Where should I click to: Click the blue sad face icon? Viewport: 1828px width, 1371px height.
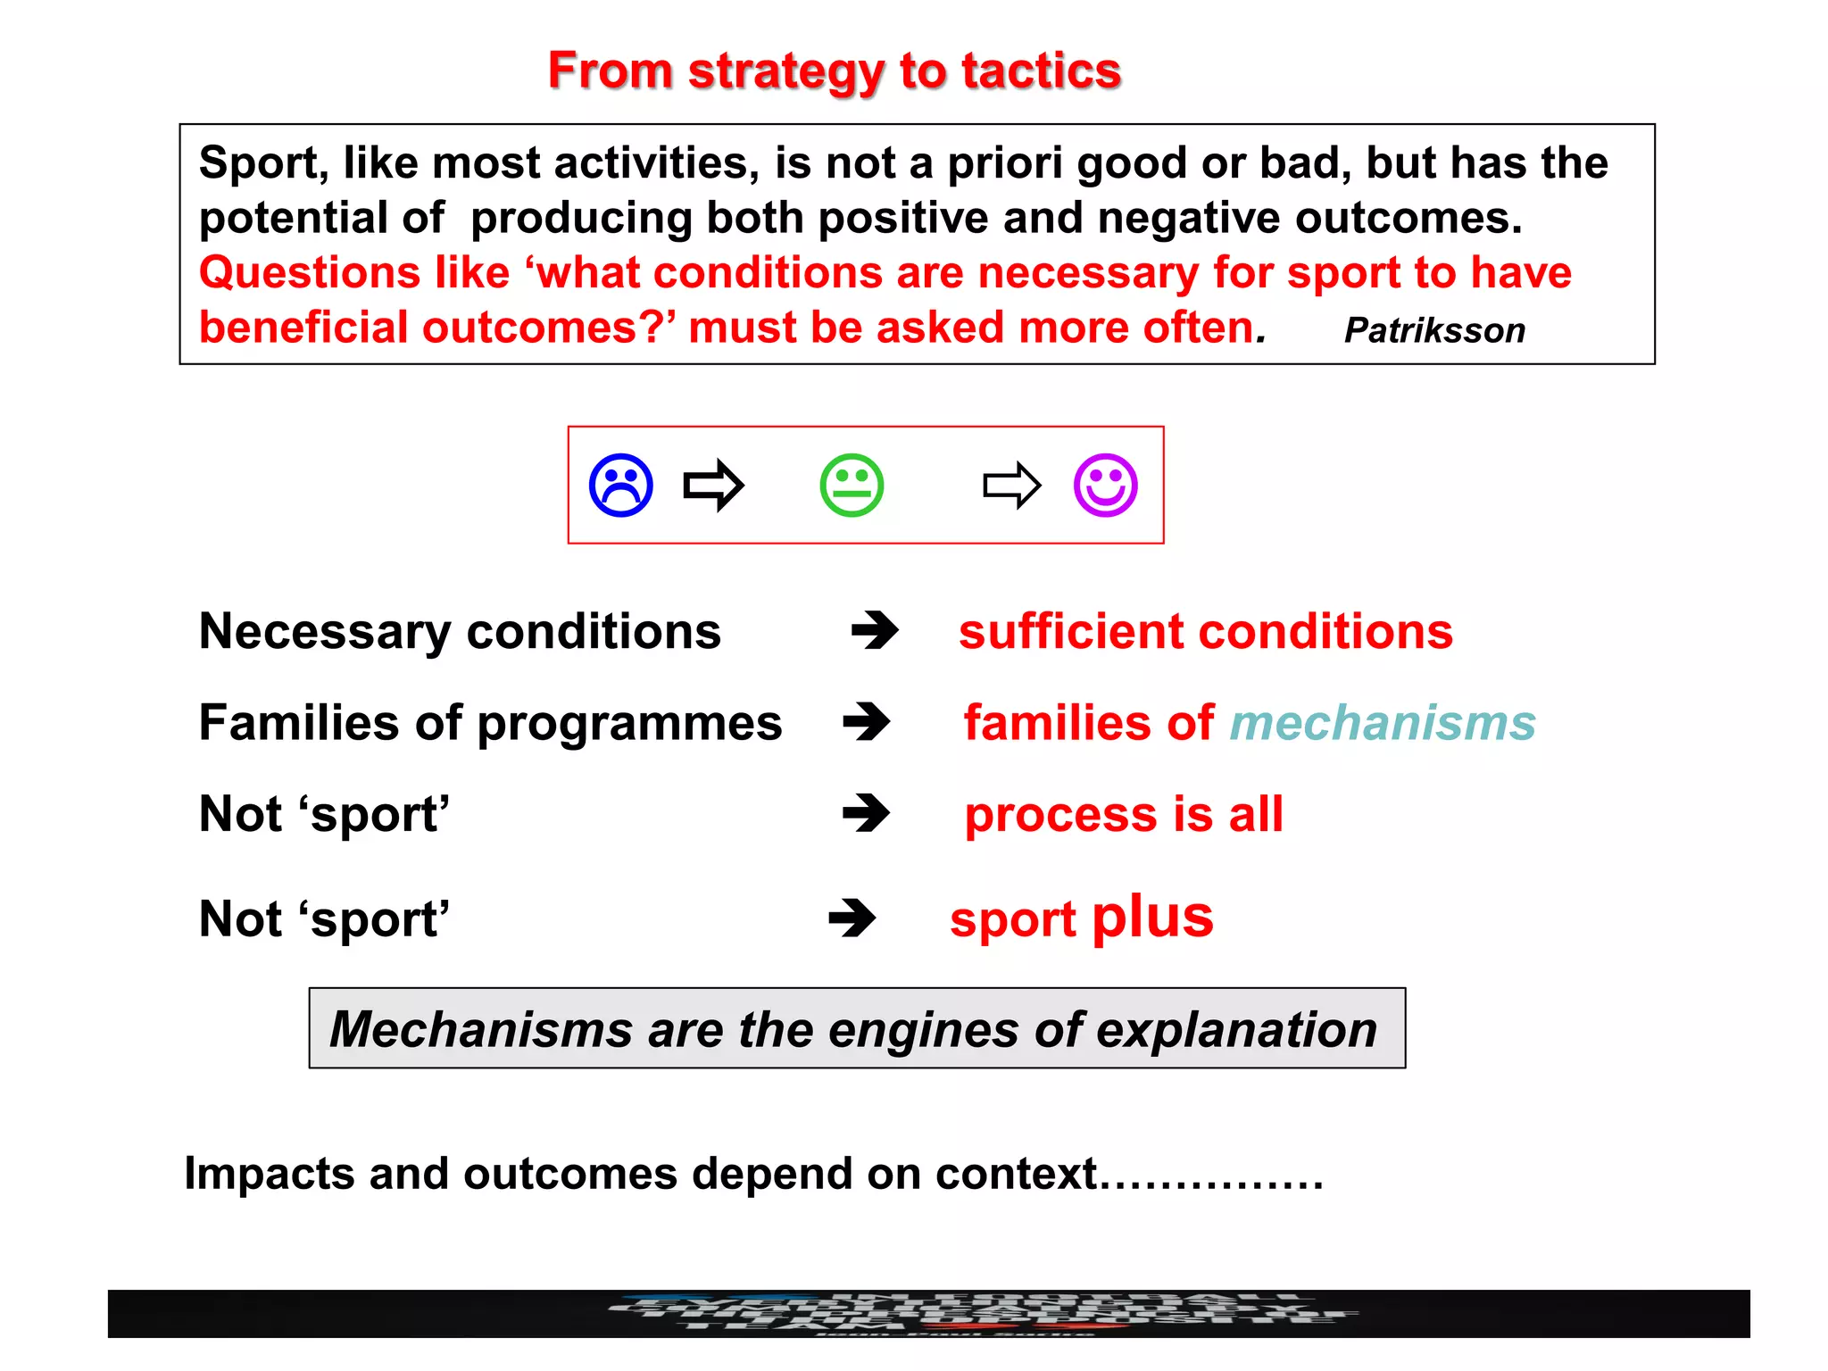(x=620, y=486)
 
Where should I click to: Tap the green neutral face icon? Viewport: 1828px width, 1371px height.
(x=852, y=486)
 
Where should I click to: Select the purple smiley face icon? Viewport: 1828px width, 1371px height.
(x=1105, y=486)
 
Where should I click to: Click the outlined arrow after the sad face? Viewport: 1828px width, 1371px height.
(x=713, y=486)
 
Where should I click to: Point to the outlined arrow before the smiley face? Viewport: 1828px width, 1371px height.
(x=1011, y=486)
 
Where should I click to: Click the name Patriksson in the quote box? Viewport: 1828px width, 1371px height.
(x=1434, y=331)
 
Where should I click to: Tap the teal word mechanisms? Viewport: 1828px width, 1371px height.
(x=1383, y=722)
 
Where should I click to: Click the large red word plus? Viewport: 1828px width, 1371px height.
(x=1152, y=917)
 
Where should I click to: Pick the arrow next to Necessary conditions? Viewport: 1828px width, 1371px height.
(x=875, y=631)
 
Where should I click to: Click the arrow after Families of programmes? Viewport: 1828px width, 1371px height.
(x=866, y=722)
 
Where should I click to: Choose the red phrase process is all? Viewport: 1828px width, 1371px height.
(x=1124, y=814)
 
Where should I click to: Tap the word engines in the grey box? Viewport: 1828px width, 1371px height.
(x=923, y=1030)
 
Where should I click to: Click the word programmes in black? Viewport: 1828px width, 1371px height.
(x=629, y=724)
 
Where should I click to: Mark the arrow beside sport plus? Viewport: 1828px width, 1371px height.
(x=852, y=918)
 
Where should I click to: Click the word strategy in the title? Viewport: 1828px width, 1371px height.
(x=785, y=71)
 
